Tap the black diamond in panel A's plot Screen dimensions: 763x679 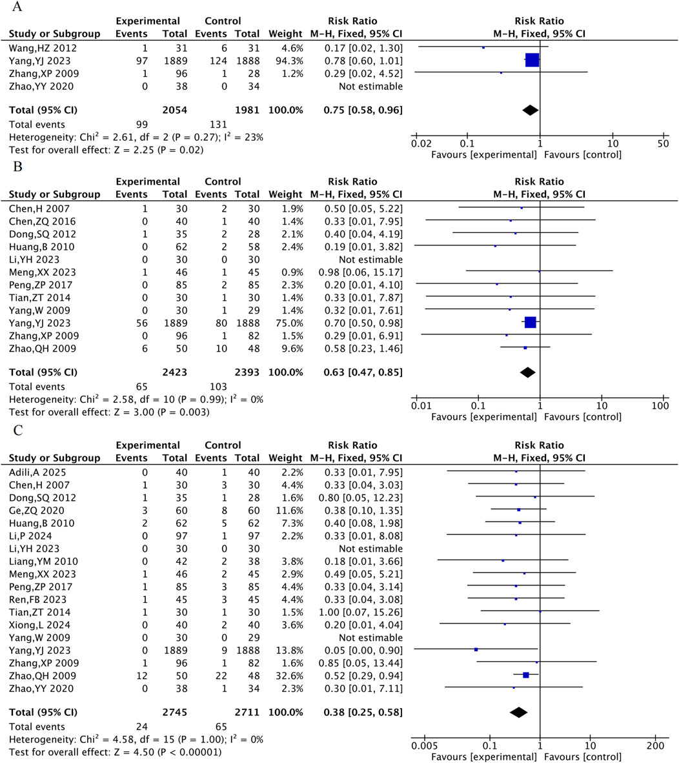point(530,110)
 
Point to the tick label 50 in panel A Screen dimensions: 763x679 point(663,144)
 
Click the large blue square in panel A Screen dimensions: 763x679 point(532,61)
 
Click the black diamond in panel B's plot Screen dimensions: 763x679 point(527,372)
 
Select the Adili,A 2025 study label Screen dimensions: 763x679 point(37,472)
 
